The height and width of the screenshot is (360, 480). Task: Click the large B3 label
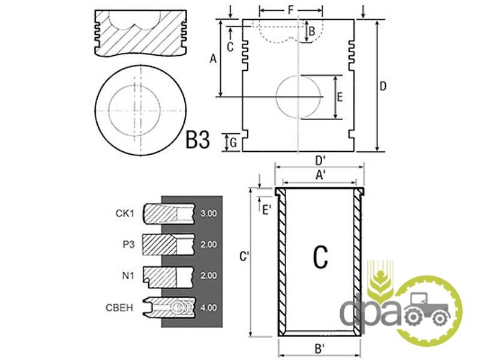197,140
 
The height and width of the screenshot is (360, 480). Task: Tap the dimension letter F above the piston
290,10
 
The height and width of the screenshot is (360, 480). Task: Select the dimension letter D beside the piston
383,86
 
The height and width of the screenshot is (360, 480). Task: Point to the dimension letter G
233,142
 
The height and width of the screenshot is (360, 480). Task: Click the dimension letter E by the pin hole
340,97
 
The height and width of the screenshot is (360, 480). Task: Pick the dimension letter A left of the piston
212,58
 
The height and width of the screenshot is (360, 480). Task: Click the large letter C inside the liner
320,257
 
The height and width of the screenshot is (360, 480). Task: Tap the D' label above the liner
320,160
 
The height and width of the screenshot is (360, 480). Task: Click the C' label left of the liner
244,257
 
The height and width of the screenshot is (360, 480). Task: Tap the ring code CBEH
121,308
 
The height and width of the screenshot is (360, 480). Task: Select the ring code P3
127,245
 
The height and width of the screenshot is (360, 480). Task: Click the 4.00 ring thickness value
208,308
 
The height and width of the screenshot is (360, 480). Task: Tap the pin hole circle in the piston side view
298,97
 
